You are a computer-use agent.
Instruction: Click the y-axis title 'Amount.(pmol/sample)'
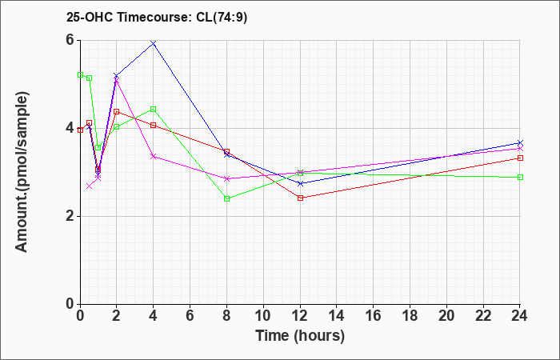click(x=23, y=172)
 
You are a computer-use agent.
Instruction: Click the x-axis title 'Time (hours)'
click(x=300, y=335)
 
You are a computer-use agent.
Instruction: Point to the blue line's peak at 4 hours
click(x=154, y=43)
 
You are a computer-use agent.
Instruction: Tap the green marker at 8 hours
click(x=227, y=198)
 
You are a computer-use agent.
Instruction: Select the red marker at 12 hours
click(x=300, y=198)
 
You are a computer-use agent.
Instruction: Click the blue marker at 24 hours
click(x=520, y=142)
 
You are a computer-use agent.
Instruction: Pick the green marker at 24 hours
click(x=520, y=177)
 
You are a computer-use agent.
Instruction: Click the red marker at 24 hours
click(x=520, y=158)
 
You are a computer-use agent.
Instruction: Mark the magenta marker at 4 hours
click(x=154, y=156)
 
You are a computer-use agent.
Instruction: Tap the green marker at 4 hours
click(x=154, y=109)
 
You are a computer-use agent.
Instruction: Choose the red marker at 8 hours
click(x=227, y=151)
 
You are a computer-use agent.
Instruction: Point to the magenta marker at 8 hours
click(x=227, y=178)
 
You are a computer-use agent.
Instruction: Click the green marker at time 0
click(x=81, y=74)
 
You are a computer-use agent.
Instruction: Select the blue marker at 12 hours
click(x=300, y=183)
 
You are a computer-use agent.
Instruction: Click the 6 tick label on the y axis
click(x=70, y=40)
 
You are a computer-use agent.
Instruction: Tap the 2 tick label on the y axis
click(x=70, y=216)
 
